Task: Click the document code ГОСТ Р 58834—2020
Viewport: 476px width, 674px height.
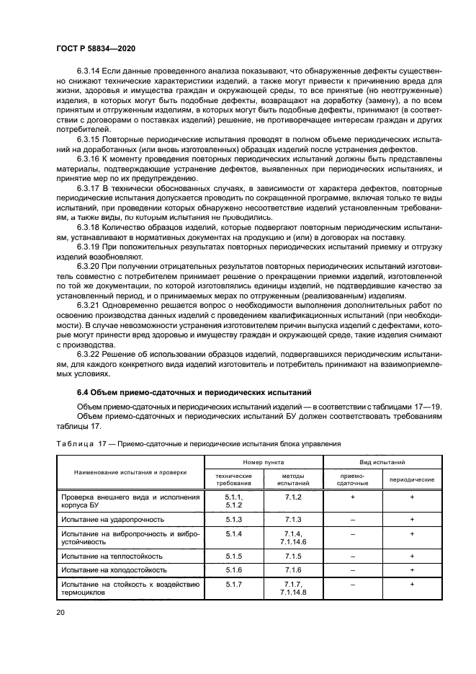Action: click(96, 48)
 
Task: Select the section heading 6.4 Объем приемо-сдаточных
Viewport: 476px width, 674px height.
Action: click(194, 392)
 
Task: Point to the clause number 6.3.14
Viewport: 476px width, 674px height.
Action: click(90, 71)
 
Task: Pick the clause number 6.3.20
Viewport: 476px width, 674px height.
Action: click(90, 266)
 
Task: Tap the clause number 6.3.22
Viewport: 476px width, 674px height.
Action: click(90, 354)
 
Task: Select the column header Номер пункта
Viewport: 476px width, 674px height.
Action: click(264, 460)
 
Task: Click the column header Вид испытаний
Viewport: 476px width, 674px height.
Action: click(382, 460)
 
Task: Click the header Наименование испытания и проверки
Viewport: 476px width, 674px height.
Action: click(130, 471)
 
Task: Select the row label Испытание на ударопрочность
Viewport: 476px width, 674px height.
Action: click(113, 519)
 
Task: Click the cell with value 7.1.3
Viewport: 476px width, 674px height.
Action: click(292, 519)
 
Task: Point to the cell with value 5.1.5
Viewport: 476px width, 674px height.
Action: click(234, 556)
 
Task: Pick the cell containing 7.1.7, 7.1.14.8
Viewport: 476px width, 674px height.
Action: click(292, 587)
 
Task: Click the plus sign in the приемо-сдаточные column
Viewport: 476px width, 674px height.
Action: click(352, 497)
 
